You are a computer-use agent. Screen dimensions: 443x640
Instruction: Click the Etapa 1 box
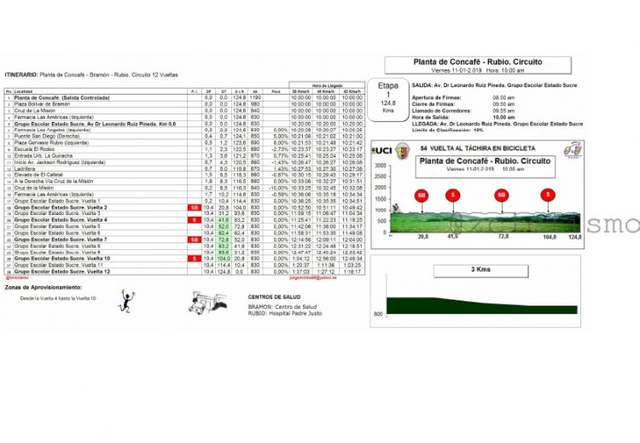[x=388, y=97]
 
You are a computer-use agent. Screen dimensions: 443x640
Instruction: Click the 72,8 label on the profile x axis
[x=503, y=237]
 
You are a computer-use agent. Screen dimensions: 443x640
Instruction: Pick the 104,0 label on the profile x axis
[x=550, y=237]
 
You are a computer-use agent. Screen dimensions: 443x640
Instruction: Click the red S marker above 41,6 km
[x=452, y=195]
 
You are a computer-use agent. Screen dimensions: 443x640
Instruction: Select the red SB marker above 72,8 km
[x=500, y=195]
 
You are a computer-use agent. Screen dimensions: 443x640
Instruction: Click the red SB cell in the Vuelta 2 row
[x=194, y=207]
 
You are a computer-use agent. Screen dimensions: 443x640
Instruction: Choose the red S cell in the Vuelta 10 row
[x=194, y=258]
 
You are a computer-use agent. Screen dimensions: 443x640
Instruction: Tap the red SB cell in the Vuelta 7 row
[x=194, y=239]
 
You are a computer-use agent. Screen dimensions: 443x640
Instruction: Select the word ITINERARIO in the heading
[x=22, y=74]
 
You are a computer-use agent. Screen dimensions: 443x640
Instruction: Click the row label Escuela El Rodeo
[x=35, y=149]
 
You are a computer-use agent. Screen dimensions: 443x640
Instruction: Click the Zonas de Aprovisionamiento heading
[x=36, y=287]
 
